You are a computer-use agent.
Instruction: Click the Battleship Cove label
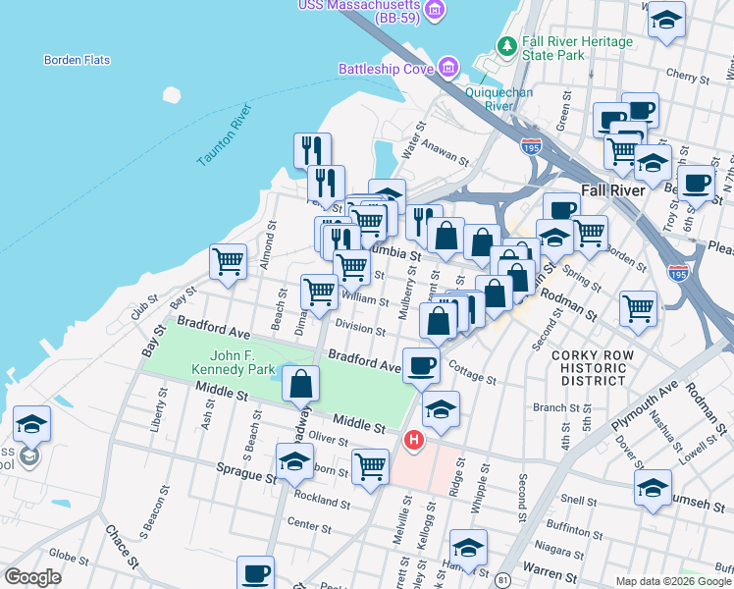point(386,69)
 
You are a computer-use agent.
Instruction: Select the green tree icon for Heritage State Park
point(506,45)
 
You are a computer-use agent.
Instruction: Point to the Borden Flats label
point(77,60)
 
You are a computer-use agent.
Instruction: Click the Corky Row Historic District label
point(589,367)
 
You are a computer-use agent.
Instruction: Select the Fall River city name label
point(612,190)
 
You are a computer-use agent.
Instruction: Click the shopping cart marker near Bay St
point(228,262)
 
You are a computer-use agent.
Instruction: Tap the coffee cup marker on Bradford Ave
point(421,365)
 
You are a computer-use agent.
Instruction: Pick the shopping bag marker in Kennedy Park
point(301,383)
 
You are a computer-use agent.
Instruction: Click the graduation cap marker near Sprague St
point(294,461)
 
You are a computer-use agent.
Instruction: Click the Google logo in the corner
point(32,577)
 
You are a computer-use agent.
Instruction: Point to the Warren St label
point(548,566)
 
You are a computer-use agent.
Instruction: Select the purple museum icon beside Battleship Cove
point(447,68)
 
